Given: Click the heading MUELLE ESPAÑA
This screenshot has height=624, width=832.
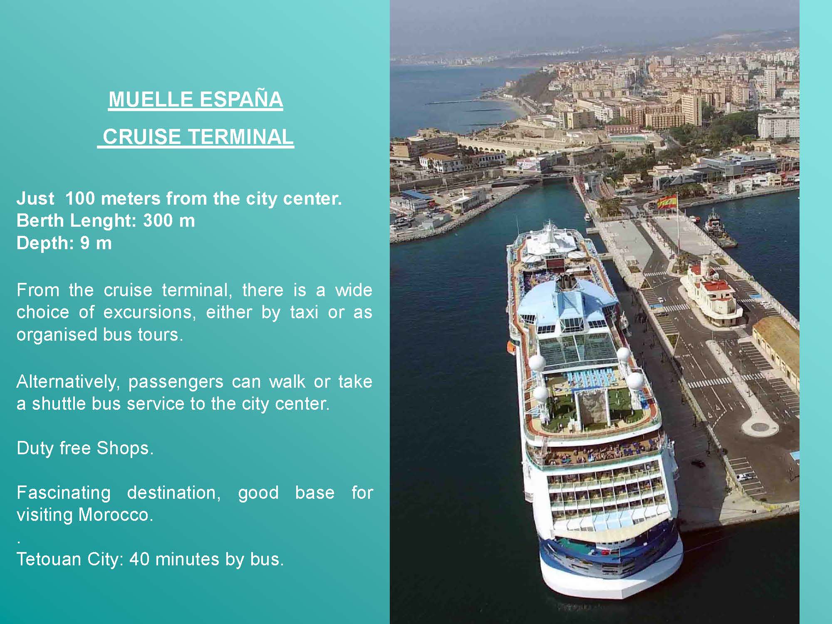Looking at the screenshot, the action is (x=196, y=99).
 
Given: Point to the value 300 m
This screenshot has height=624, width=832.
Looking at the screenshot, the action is (x=169, y=221).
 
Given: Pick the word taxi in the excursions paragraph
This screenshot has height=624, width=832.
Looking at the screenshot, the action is (x=304, y=312).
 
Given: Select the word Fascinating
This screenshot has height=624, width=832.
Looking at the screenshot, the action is (x=64, y=493).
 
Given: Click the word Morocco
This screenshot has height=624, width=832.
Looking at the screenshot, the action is (x=116, y=515).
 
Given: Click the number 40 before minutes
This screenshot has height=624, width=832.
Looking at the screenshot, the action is (x=139, y=559).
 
